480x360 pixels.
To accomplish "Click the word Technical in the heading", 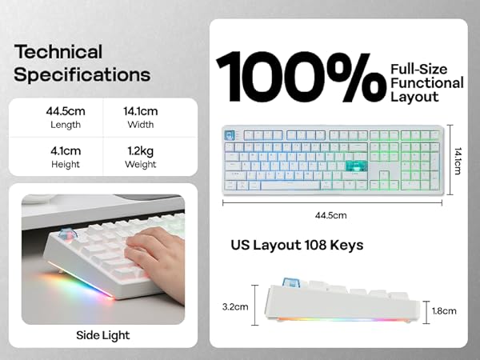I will (58, 53).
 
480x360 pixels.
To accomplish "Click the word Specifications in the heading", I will (82, 75).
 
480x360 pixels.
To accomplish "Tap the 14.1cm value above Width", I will (140, 110).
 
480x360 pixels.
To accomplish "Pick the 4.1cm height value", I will (65, 150).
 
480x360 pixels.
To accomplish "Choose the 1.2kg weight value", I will (140, 150).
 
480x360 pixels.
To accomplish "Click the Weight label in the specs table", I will (140, 164).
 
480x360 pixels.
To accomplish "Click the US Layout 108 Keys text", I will (297, 245).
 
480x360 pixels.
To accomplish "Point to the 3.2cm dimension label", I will (234, 306).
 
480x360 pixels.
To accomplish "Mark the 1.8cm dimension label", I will (443, 311).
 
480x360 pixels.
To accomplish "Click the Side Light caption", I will (102, 335).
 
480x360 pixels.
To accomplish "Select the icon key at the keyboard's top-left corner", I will (230, 135).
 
